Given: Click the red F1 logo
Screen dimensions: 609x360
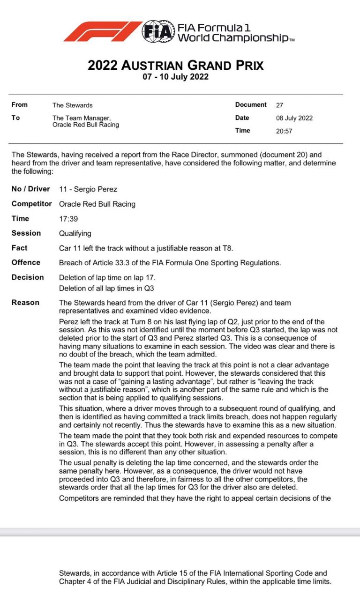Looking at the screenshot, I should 102,31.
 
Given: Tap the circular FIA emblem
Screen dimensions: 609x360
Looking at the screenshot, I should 158,31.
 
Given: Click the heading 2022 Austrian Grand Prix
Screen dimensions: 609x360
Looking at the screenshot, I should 176,65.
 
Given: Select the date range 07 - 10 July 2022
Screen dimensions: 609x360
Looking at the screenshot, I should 176,77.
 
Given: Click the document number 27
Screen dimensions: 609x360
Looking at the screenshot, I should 279,105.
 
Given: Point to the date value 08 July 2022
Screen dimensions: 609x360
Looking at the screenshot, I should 294,118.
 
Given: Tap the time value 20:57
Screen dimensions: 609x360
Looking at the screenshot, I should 284,131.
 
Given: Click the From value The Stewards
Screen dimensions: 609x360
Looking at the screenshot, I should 73,105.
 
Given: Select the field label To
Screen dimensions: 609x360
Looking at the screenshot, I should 16,118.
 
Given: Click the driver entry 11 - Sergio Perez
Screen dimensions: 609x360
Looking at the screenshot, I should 88,189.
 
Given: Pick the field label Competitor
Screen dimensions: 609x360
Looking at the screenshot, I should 32,204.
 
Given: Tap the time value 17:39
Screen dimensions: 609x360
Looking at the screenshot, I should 67,219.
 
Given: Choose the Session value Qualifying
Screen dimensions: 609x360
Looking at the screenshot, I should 75,233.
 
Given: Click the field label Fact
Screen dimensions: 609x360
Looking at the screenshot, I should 20,248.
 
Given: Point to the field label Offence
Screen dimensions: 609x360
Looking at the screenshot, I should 26,262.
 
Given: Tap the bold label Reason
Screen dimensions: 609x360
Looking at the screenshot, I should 26,303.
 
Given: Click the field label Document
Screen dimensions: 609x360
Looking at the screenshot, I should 251,105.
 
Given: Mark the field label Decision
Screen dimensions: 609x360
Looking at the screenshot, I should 28,277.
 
